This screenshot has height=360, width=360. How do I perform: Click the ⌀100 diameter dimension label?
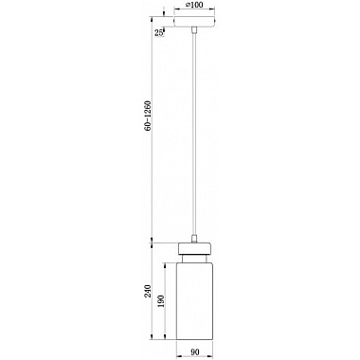194,5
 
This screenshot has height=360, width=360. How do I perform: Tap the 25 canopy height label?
159,32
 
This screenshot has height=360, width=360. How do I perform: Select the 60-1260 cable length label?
148,116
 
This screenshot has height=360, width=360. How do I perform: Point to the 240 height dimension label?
148,291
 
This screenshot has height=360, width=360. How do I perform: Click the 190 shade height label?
160,301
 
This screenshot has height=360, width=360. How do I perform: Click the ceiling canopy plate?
194,22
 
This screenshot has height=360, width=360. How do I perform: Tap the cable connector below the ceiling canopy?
194,30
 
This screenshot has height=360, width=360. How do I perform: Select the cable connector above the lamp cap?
194,239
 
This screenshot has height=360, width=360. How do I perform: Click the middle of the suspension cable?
194,134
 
